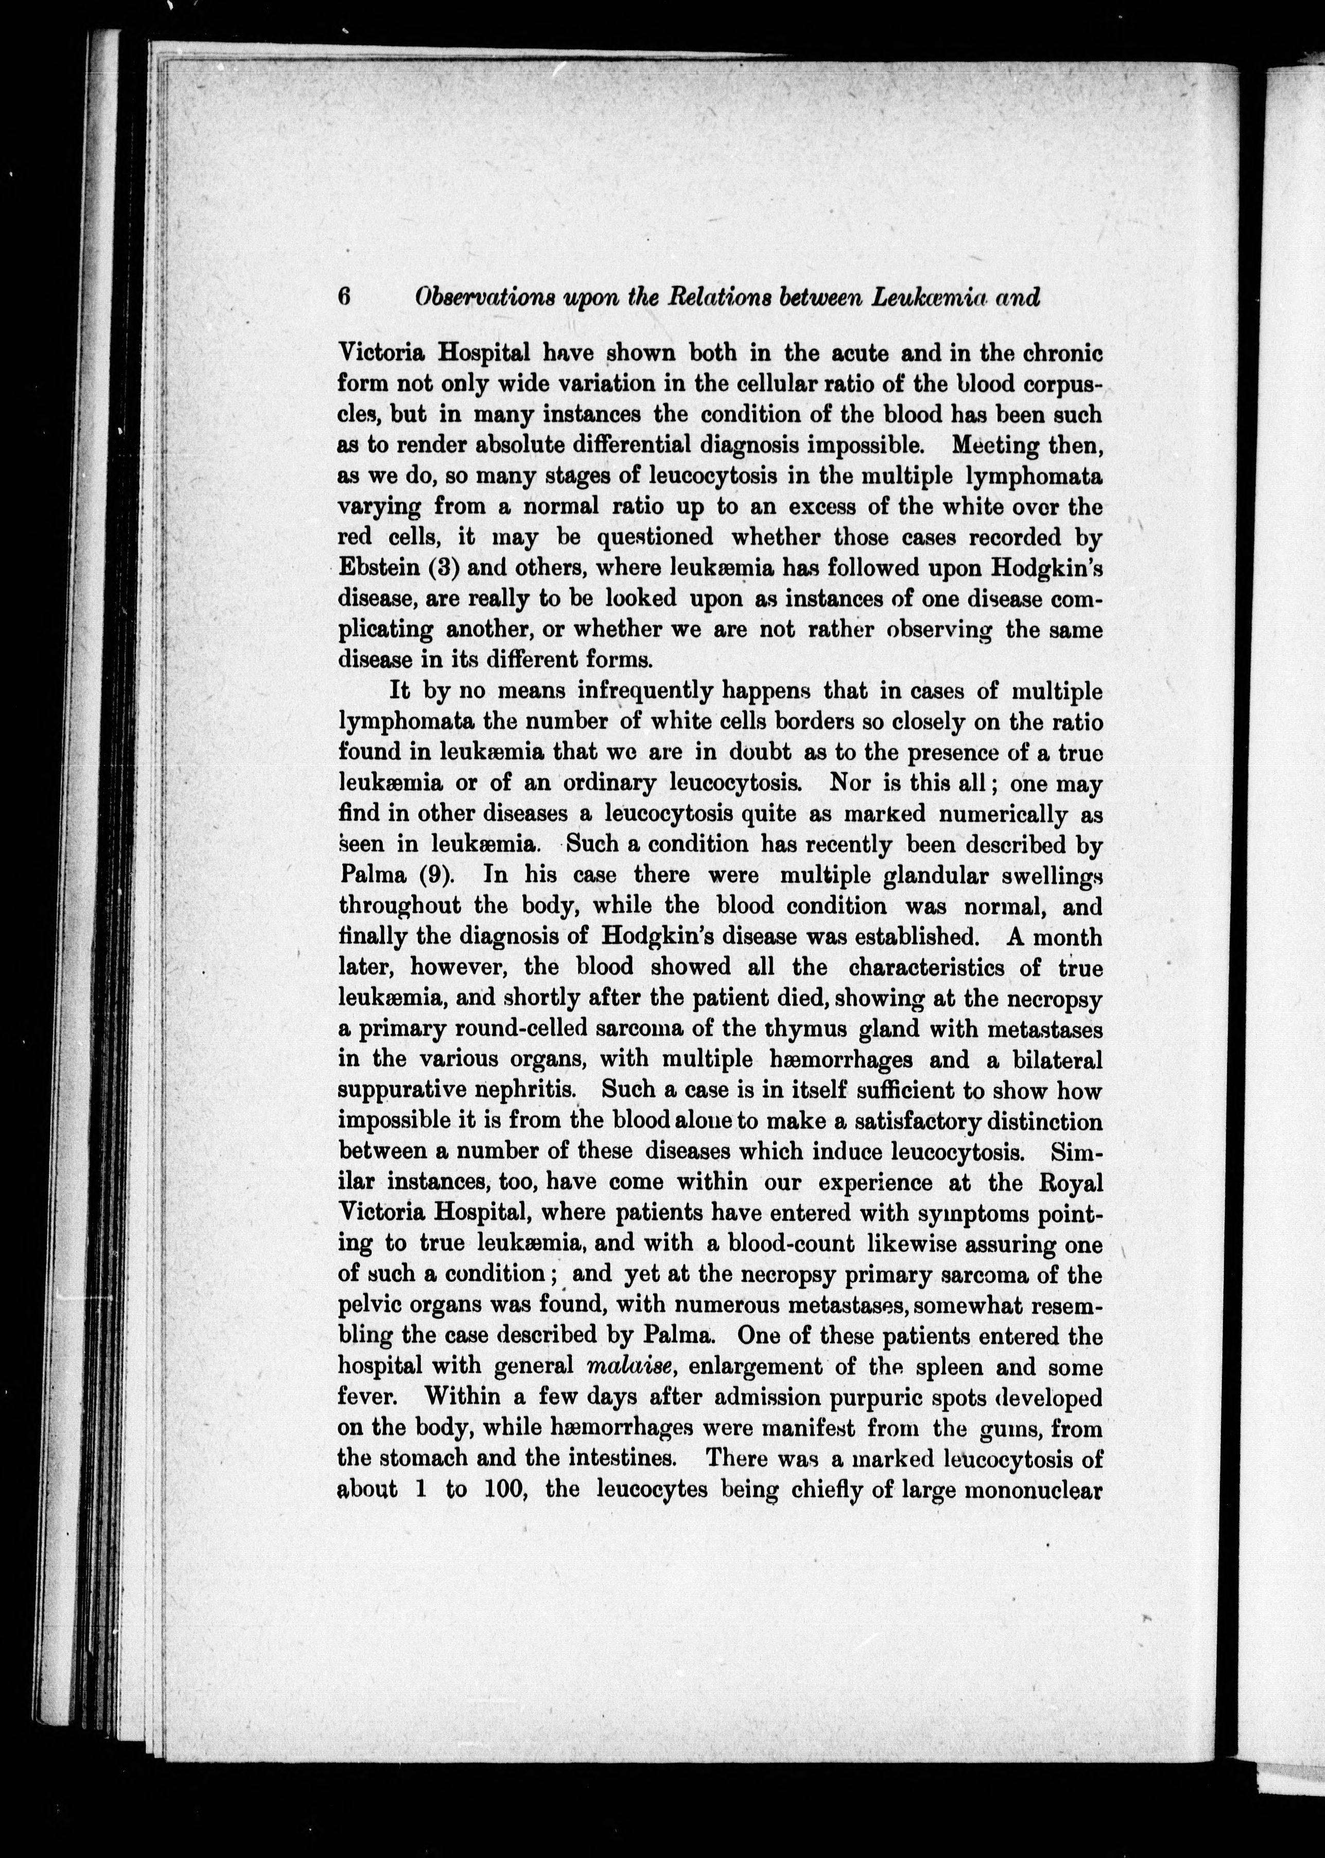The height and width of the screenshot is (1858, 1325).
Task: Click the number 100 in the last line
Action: [x=508, y=1490]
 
